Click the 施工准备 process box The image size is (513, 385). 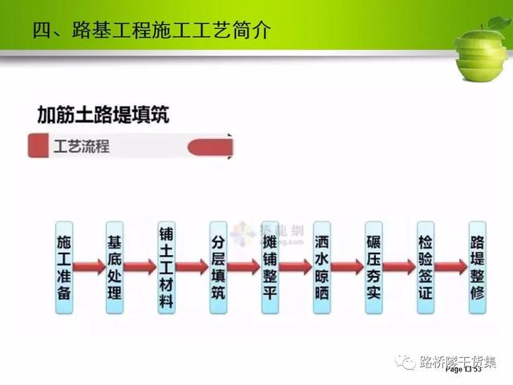[x=63, y=267]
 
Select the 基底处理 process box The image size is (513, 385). [x=115, y=267]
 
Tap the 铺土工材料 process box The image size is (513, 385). [x=166, y=267]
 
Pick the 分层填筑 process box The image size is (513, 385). [x=218, y=267]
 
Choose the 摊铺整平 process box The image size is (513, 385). [x=270, y=267]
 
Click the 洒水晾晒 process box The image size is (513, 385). [x=322, y=267]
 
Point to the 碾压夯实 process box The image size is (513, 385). [x=374, y=267]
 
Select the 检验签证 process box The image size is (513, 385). [x=426, y=267]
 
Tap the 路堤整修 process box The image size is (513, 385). [x=478, y=267]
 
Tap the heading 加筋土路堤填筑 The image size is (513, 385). [x=103, y=114]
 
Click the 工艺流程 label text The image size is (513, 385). [x=81, y=148]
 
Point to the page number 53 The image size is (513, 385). [x=476, y=370]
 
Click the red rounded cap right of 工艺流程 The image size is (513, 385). [x=210, y=147]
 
